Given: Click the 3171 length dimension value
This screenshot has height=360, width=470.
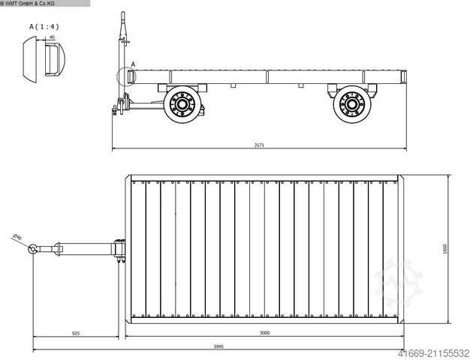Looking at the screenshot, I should point(259,145).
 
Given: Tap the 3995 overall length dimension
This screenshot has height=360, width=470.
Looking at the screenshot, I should point(218,346).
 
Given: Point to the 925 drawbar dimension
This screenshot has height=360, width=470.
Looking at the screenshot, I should point(77,332).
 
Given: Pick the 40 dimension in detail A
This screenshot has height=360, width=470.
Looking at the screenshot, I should point(52,37).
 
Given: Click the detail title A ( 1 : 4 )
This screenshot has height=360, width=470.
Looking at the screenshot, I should point(43,27).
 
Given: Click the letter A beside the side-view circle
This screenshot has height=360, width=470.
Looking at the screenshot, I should point(133,65).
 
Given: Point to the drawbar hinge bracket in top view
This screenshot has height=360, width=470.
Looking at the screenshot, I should point(118,250).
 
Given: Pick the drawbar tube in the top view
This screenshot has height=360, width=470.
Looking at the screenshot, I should point(83,250).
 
